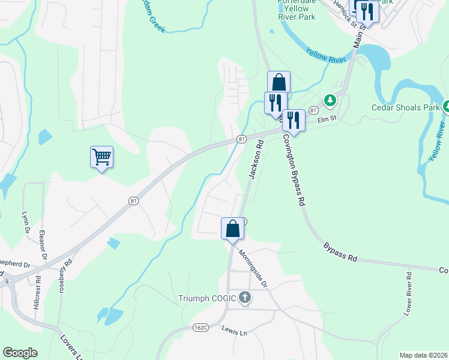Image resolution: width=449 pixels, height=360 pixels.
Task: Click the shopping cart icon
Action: pos(102,157)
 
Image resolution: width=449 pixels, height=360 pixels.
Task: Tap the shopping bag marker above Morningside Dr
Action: pos(232,229)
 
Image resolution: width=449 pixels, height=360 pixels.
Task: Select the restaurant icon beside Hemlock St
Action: pos(367,12)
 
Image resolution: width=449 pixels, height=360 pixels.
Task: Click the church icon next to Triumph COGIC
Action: pos(244,297)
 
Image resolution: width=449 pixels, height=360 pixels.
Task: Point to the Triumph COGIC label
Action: pos(207,298)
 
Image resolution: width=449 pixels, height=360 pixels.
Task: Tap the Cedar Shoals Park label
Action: pos(406,108)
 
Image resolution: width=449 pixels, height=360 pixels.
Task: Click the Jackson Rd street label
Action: pos(256,160)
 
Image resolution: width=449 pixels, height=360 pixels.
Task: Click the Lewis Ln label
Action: pos(235,329)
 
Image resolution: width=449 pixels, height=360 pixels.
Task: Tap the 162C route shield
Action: pos(201,328)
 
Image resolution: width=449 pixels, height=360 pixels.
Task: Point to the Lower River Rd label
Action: pos(408,294)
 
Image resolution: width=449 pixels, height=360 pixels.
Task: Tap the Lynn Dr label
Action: pos(25,223)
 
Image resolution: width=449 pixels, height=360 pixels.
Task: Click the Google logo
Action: pos(20,353)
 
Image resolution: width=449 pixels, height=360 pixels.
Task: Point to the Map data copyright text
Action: pos(423,355)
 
